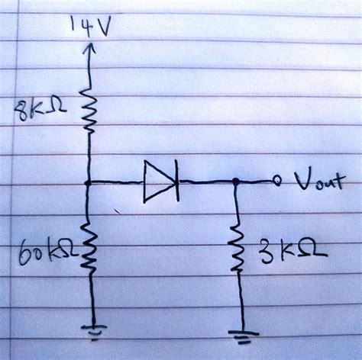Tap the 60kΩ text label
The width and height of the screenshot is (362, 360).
pos(44,249)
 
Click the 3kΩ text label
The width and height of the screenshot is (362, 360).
pos(290,249)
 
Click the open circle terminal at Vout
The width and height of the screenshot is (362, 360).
pos(277,182)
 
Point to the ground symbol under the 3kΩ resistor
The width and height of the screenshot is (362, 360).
pos(241,336)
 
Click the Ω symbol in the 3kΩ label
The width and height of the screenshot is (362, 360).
pos(313,250)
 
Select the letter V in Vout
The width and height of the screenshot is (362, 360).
pos(299,183)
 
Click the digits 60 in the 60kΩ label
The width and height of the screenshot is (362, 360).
pos(27,250)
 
